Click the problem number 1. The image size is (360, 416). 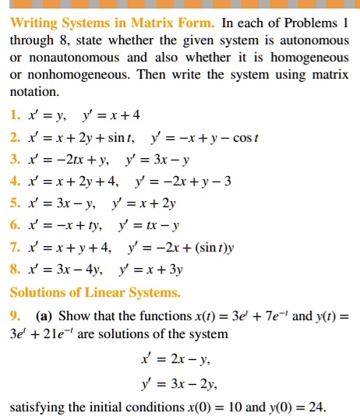point(15,116)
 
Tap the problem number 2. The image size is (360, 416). point(15,139)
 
